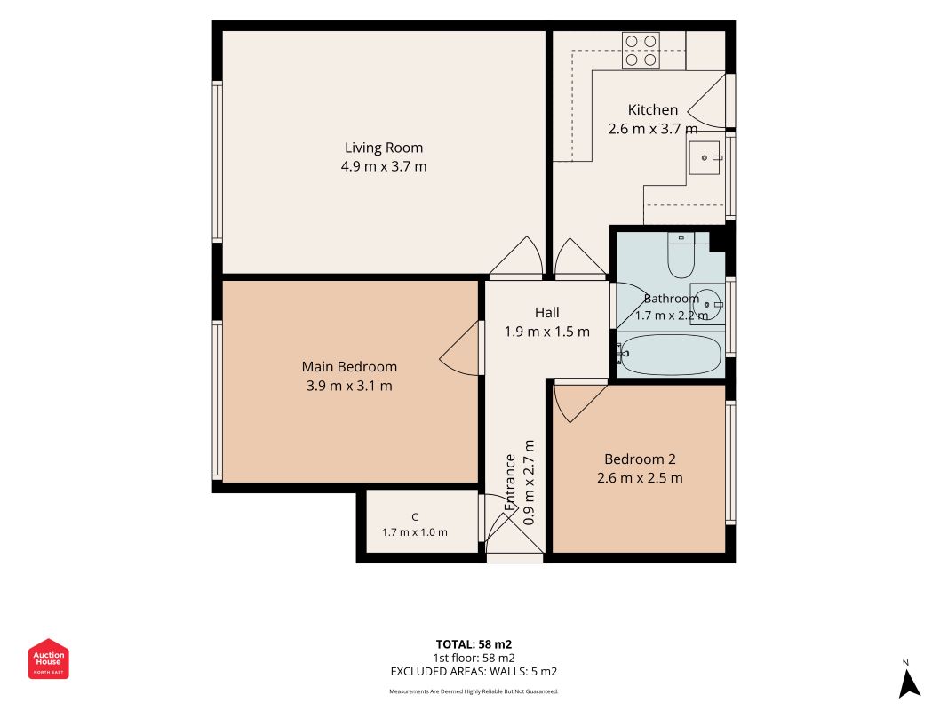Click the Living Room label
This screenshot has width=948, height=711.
[383, 148]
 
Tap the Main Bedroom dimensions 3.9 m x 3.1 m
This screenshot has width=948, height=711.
[349, 386]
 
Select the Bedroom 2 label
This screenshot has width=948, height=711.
[640, 459]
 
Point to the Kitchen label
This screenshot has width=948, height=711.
[652, 110]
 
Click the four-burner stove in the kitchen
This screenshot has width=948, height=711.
[641, 50]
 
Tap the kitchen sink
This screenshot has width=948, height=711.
[705, 158]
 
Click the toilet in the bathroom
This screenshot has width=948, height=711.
[681, 254]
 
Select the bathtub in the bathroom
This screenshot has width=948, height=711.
[670, 355]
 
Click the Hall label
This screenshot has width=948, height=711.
[546, 313]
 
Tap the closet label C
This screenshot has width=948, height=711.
[415, 517]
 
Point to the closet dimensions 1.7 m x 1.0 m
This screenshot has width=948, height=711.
[415, 532]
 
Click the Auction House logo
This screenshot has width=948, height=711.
[48, 659]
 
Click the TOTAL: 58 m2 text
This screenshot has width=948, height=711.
[474, 644]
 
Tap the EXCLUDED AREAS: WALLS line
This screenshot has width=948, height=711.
[474, 672]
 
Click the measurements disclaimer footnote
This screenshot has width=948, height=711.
[474, 691]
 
